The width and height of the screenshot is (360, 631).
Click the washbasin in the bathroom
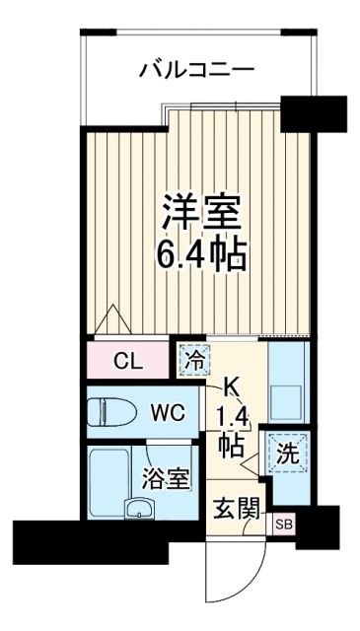[x=137, y=509]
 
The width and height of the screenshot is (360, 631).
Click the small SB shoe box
[x=282, y=524]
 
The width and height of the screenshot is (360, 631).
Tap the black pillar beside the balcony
[x=314, y=111]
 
